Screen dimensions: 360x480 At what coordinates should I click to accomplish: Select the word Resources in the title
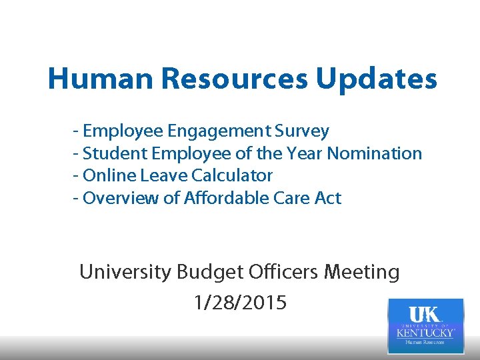[234, 79]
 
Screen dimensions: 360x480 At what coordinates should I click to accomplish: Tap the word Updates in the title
[377, 79]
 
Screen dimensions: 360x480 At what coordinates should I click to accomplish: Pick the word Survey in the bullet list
[305, 131]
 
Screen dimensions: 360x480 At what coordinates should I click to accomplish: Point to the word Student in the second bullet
[115, 153]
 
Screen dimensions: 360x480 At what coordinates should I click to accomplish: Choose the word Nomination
[375, 153]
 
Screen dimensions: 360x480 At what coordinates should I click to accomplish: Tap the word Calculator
[232, 175]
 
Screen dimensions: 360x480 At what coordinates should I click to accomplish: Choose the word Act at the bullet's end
[327, 198]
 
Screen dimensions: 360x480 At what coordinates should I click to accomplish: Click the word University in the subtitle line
[125, 272]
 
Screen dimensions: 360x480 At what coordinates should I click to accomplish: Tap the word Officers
[282, 272]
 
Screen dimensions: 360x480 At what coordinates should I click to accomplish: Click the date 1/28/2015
[239, 303]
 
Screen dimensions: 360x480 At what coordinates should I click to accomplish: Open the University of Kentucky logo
[425, 325]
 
